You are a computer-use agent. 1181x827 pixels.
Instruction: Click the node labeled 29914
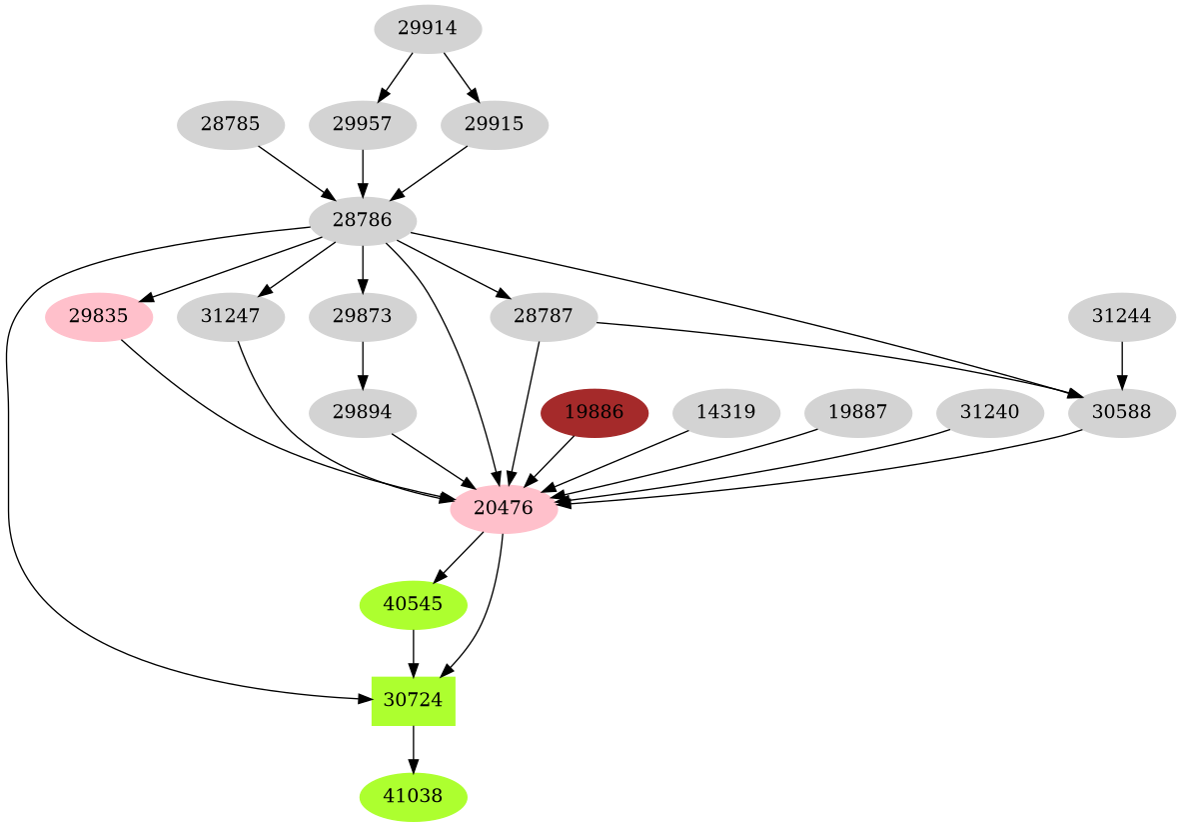pos(428,28)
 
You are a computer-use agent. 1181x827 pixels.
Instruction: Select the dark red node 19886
pos(593,412)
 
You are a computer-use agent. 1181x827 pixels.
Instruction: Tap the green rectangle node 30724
pos(413,700)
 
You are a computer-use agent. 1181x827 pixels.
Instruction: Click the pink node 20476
pos(503,508)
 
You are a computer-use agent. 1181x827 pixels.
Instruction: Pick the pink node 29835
pos(98,317)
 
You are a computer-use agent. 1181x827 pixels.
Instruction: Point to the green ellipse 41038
pos(413,797)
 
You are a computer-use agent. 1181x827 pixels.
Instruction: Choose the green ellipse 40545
pos(413,604)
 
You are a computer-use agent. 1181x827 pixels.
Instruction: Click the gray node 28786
pos(362,220)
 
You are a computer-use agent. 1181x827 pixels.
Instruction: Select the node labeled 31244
pos(1121,317)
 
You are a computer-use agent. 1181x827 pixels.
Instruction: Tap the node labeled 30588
pos(1121,412)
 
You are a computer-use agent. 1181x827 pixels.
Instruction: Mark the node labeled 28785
pos(230,125)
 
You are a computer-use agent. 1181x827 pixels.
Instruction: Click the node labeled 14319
pos(725,412)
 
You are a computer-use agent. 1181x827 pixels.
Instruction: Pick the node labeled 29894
pos(362,412)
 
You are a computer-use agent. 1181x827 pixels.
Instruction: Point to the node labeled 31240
pos(989,412)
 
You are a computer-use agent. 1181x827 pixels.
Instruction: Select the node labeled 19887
pos(857,412)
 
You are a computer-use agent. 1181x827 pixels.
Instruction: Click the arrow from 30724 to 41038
pos(413,749)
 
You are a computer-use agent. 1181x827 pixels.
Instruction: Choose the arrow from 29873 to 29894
pos(362,364)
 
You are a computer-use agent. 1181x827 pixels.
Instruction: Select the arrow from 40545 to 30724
pos(413,652)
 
